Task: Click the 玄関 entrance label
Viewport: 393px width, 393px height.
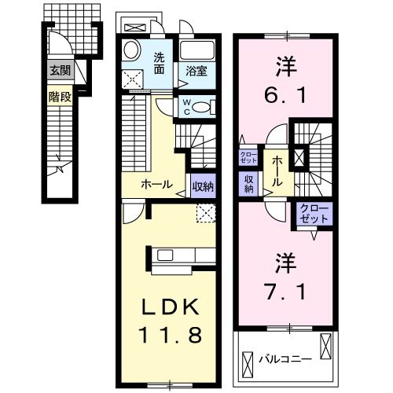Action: (x=60, y=70)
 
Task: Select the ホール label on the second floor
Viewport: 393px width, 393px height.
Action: (x=278, y=170)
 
